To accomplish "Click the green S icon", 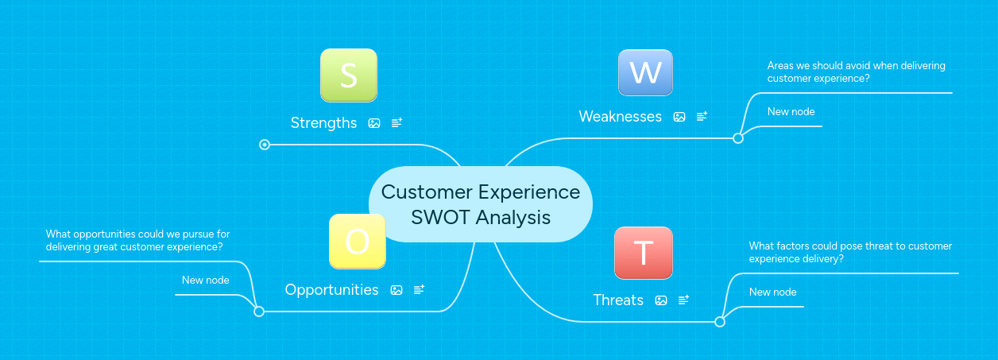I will [x=348, y=75].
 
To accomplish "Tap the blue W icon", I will [x=645, y=73].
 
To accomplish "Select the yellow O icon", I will [x=357, y=242].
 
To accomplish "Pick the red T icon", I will [x=644, y=253].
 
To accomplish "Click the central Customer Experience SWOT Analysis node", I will [x=481, y=204].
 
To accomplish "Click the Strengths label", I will [x=323, y=122].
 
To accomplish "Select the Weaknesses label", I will [x=620, y=117].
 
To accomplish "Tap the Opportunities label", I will [x=331, y=290].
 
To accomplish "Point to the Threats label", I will [x=618, y=300].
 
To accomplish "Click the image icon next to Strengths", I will [x=374, y=123].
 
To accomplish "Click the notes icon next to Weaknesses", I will [x=702, y=117].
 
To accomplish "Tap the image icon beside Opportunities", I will [x=396, y=290].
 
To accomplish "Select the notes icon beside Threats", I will [x=683, y=300].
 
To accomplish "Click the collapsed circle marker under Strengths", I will [x=265, y=145].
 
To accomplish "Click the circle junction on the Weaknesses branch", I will [x=738, y=138].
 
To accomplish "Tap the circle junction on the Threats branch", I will [x=720, y=322].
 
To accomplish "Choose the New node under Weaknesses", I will [x=791, y=112].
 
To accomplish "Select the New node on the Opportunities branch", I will [x=205, y=281].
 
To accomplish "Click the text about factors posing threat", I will [x=850, y=253].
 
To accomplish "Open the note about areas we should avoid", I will [x=856, y=72].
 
